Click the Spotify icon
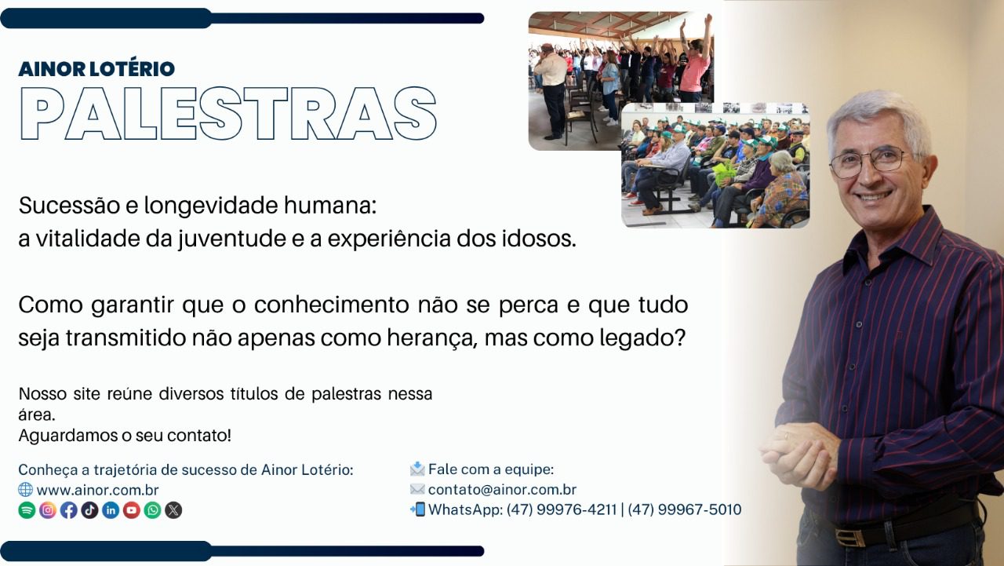pyautogui.click(x=27, y=510)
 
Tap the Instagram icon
pyautogui.click(x=48, y=510)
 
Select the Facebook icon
pyautogui.click(x=68, y=510)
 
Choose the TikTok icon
pyautogui.click(x=89, y=510)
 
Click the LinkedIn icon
pyautogui.click(x=111, y=510)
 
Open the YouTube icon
pyautogui.click(x=132, y=510)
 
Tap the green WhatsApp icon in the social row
pyautogui.click(x=152, y=510)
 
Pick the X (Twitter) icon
pyautogui.click(x=173, y=510)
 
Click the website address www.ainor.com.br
pyautogui.click(x=98, y=490)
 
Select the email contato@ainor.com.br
pyautogui.click(x=502, y=489)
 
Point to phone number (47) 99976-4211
pyautogui.click(x=562, y=510)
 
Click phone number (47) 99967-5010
pyautogui.click(x=685, y=510)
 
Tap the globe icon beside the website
pyautogui.click(x=26, y=490)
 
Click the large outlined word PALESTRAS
pyautogui.click(x=228, y=114)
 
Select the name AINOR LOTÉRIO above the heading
pyautogui.click(x=96, y=69)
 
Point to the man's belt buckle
pyautogui.click(x=849, y=538)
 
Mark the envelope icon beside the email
pyautogui.click(x=417, y=489)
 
